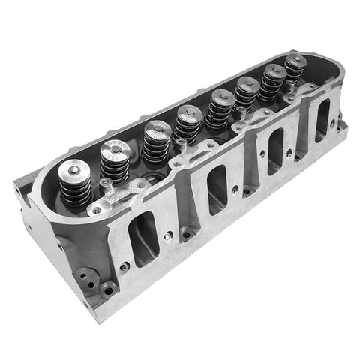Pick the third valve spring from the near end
(154, 140)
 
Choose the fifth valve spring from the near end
(220, 106)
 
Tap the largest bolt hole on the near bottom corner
(110, 287)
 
